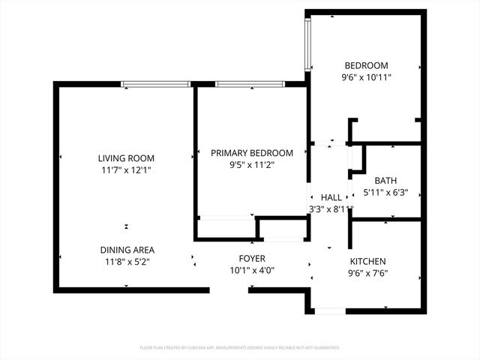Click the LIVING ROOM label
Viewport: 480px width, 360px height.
[126, 158]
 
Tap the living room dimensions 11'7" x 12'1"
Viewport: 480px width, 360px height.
[126, 170]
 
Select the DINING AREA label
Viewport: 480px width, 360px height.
[127, 250]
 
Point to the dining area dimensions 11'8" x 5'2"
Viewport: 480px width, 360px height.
[127, 262]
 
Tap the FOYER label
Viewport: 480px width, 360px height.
[252, 259]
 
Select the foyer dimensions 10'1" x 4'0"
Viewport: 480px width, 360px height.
[252, 271]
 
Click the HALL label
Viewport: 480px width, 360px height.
[331, 197]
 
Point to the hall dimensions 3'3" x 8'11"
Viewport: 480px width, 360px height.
[331, 209]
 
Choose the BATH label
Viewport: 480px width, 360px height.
[385, 181]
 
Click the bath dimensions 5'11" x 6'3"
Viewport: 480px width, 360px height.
[385, 193]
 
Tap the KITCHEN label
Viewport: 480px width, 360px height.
[368, 261]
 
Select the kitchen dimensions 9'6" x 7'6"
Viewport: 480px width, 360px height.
[368, 273]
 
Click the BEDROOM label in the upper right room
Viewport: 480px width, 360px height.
[367, 65]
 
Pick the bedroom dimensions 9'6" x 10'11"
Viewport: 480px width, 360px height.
[367, 77]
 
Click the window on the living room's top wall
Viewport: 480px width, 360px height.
[155, 84]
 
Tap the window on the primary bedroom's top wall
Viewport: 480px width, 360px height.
[249, 84]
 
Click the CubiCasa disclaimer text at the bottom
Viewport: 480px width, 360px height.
[240, 348]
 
